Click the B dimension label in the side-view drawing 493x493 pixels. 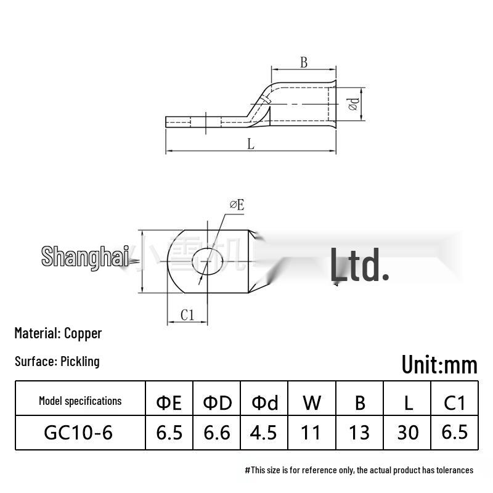click(x=303, y=62)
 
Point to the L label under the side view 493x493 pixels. click(x=251, y=144)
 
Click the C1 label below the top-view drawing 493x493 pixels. click(x=187, y=315)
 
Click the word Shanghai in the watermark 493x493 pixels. click(x=85, y=256)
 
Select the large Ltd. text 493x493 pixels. click(x=359, y=265)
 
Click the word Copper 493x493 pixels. click(x=83, y=333)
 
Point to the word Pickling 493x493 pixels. click(x=80, y=361)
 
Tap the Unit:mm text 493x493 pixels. click(x=439, y=364)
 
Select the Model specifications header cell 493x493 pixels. click(x=80, y=401)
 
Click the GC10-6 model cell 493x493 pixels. click(x=78, y=433)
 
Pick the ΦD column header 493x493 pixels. click(x=217, y=402)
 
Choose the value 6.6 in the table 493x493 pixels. click(x=217, y=433)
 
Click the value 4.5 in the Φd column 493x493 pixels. click(x=264, y=433)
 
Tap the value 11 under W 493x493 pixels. click(x=312, y=433)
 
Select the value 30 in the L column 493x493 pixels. click(x=407, y=433)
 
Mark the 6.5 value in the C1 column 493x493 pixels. click(x=455, y=432)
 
